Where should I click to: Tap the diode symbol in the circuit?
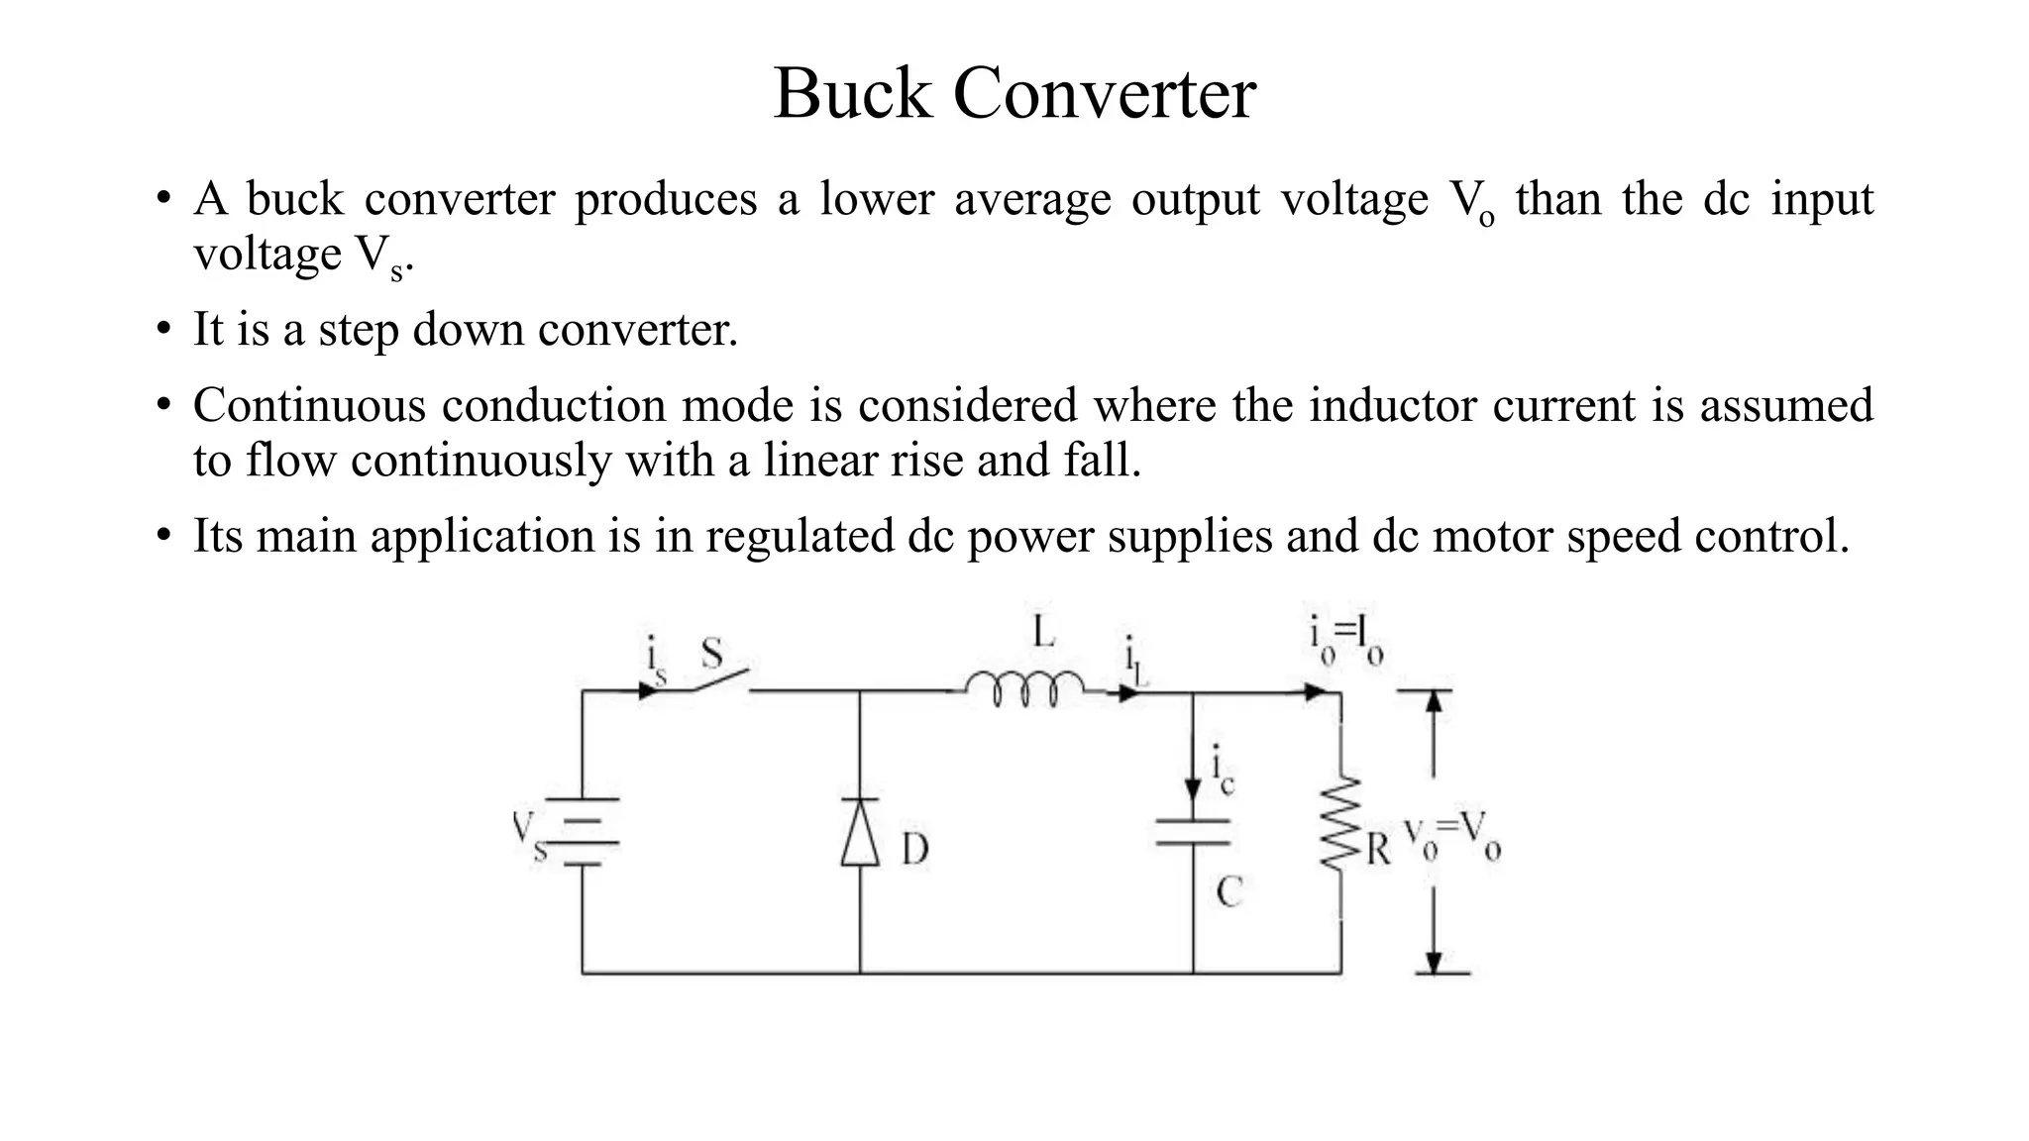click(x=860, y=832)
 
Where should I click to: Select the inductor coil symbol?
click(x=1024, y=689)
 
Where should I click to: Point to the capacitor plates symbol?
click(x=1193, y=832)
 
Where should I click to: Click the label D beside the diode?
click(x=914, y=850)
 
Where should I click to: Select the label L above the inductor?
click(x=1043, y=632)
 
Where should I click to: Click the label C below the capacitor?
click(x=1228, y=892)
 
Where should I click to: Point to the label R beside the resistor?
click(x=1378, y=850)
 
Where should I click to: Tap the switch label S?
click(x=711, y=653)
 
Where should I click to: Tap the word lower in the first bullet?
click(x=877, y=199)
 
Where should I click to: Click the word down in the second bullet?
click(x=469, y=330)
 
